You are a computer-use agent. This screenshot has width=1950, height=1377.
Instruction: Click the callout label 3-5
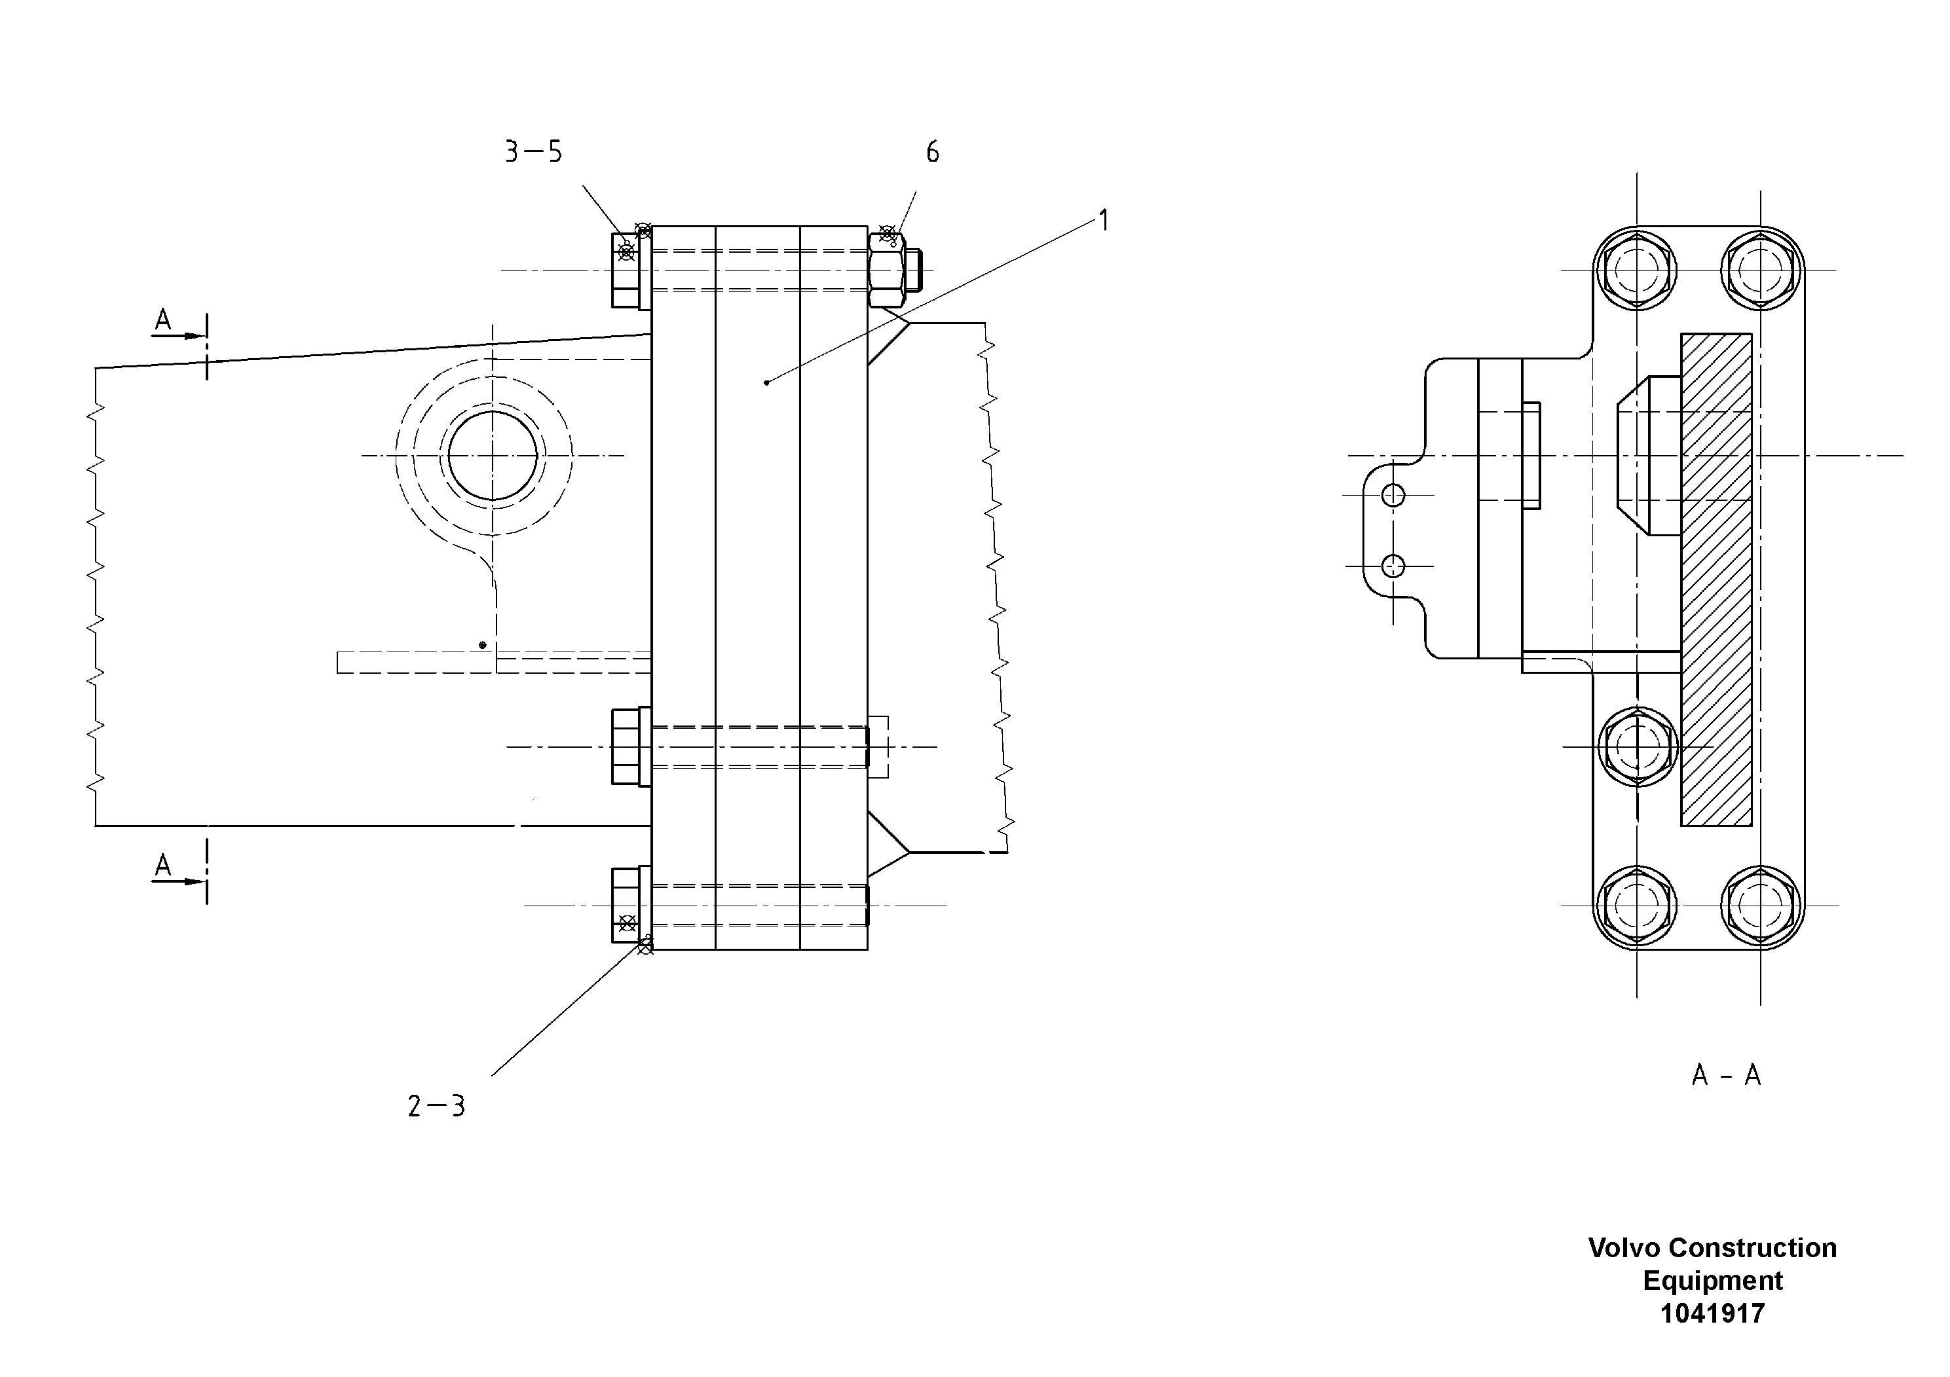533,153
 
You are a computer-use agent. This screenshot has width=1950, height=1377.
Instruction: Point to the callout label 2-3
436,1106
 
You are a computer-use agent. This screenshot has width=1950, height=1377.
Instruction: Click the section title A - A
1726,1076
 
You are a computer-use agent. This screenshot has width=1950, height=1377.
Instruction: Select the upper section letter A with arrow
164,321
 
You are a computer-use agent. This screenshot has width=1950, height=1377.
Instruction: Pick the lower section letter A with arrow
164,866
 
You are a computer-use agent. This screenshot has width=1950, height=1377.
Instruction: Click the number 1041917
1712,1313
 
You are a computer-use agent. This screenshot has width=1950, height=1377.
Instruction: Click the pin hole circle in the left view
493,456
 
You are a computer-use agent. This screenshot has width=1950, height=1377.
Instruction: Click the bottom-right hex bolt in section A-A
1761,905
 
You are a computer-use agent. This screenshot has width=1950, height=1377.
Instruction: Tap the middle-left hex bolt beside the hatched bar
1636,747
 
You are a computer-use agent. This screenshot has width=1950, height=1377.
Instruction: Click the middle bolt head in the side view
626,747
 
